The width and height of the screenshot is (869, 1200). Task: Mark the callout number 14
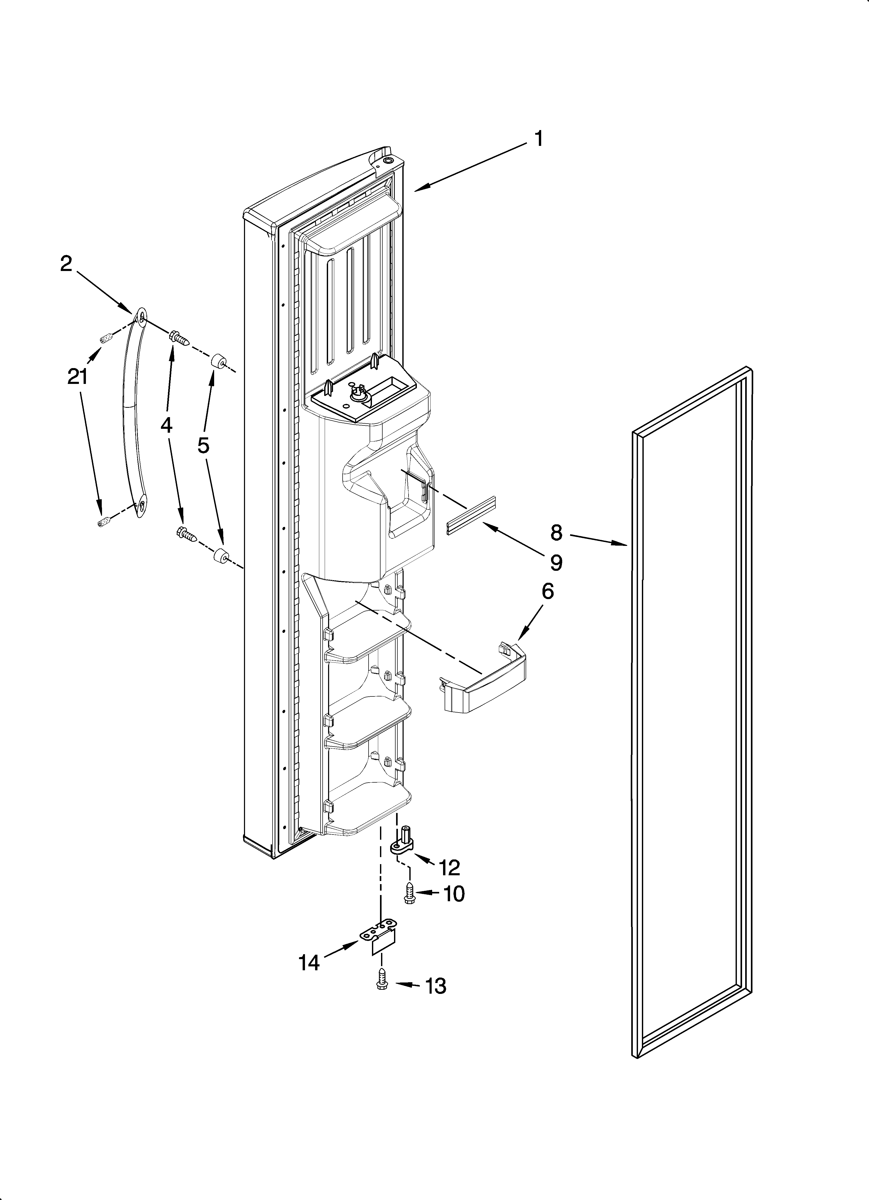point(309,963)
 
